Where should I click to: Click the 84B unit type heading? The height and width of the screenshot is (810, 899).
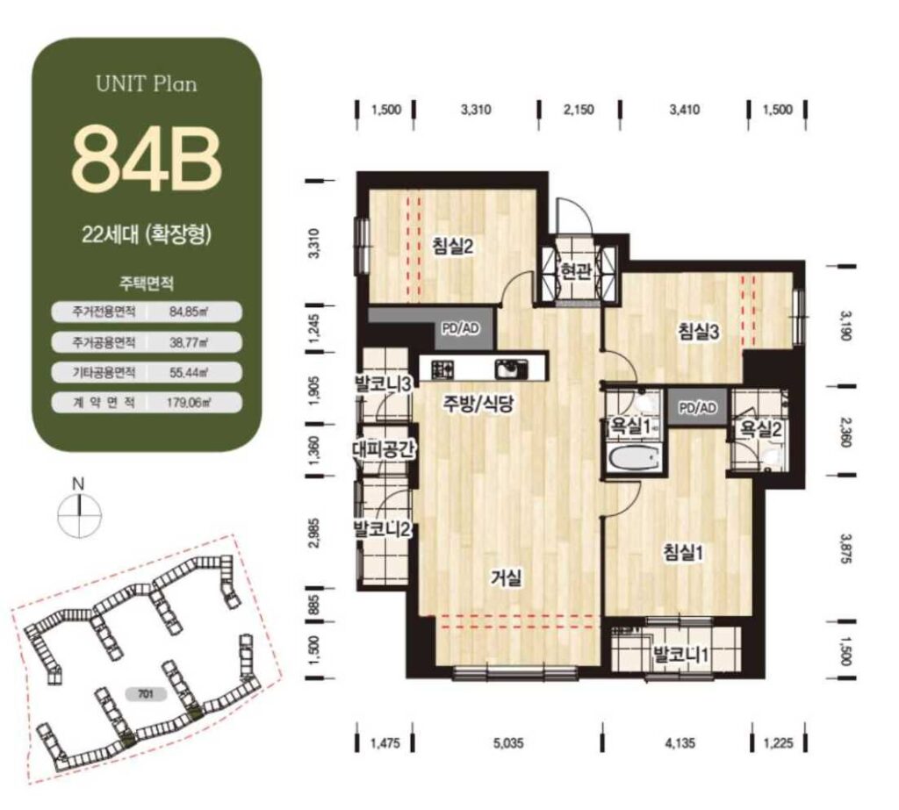pyautogui.click(x=147, y=160)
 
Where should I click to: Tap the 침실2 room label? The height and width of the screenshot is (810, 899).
pyautogui.click(x=453, y=247)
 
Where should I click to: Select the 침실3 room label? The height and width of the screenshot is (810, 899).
pyautogui.click(x=698, y=331)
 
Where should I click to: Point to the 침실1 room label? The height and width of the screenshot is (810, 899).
pyautogui.click(x=683, y=553)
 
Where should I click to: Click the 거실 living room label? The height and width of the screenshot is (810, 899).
pyautogui.click(x=507, y=578)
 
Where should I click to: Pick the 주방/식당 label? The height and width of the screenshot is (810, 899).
pyautogui.click(x=477, y=405)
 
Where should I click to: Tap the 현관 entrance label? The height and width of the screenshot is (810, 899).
pyautogui.click(x=575, y=270)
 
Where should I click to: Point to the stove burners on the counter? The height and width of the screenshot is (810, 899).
pyautogui.click(x=442, y=369)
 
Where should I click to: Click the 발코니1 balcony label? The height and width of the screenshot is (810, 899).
pyautogui.click(x=681, y=654)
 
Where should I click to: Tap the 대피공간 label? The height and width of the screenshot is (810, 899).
pyautogui.click(x=383, y=448)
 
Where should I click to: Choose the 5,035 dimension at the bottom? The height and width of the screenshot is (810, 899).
pyautogui.click(x=508, y=743)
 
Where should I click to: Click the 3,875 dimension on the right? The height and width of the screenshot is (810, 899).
pyautogui.click(x=846, y=549)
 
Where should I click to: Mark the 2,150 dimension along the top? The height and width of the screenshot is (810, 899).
pyautogui.click(x=579, y=109)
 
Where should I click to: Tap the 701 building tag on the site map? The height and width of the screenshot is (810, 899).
pyautogui.click(x=145, y=695)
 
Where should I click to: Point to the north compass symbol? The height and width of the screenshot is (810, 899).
pyautogui.click(x=79, y=510)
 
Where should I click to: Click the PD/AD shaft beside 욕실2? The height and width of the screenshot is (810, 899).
pyautogui.click(x=698, y=407)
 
